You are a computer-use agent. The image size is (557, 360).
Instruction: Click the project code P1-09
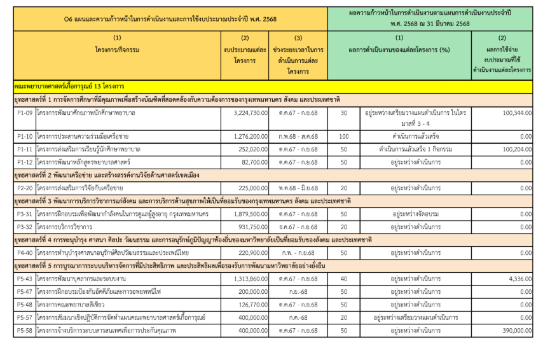coord(25,113)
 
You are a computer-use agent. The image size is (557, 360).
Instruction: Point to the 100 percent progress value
coord(344,136)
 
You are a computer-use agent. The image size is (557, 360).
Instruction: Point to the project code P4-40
coord(25,253)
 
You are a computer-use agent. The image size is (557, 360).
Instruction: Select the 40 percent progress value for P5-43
coord(344,279)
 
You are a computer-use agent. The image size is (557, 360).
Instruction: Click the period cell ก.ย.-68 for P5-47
coord(298,291)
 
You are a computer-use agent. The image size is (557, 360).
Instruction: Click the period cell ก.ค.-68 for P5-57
coord(298,317)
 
